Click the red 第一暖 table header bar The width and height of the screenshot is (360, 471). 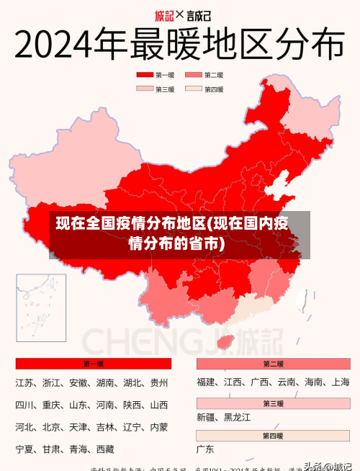click(x=93, y=364)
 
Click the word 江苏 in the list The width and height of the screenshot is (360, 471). click(x=25, y=382)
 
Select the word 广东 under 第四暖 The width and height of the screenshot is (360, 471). click(x=205, y=449)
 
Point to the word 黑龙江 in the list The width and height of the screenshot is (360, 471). click(x=237, y=417)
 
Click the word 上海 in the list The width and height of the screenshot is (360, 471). click(x=341, y=382)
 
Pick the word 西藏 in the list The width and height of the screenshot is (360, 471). click(x=105, y=449)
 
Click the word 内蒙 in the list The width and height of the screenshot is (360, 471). click(x=159, y=427)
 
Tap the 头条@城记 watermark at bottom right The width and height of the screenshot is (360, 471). click(x=328, y=465)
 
